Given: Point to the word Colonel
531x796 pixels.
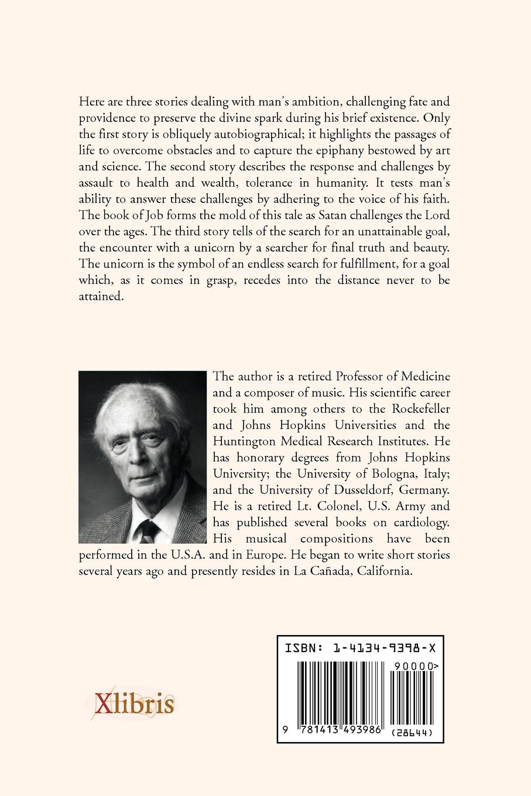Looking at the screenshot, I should click(317, 506).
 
